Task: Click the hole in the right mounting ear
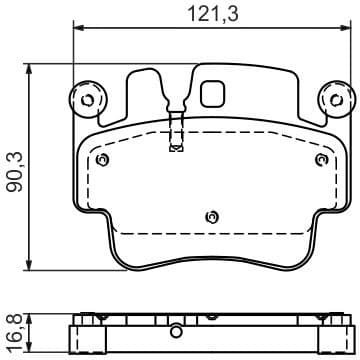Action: pos(333,100)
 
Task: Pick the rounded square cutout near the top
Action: pos(213,94)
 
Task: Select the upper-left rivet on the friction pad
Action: pos(101,158)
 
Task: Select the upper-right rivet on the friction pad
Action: pos(320,158)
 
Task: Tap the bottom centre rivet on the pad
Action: pos(210,216)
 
